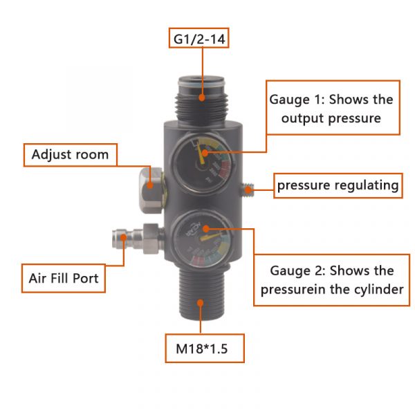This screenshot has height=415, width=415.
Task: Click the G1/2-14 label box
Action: tap(199, 38)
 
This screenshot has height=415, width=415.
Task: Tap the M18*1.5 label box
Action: tap(205, 349)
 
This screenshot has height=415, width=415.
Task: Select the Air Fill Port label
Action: tap(64, 278)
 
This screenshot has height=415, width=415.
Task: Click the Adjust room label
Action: tap(71, 155)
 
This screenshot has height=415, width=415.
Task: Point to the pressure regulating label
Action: tap(338, 185)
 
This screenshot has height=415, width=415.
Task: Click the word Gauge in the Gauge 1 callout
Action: tap(289, 100)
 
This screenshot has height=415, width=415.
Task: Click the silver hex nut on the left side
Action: tap(151, 190)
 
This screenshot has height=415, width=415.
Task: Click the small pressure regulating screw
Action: tap(248, 190)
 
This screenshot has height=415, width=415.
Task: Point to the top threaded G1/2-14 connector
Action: tap(201, 99)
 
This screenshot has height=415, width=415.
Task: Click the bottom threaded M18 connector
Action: tap(201, 293)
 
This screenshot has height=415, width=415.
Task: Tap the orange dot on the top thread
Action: tap(202, 98)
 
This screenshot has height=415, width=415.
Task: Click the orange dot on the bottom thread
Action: tap(201, 303)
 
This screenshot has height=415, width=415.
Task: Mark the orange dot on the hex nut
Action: tap(150, 185)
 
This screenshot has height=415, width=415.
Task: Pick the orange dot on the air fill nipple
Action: tap(123, 237)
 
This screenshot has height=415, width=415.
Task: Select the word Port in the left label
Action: tap(86, 279)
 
